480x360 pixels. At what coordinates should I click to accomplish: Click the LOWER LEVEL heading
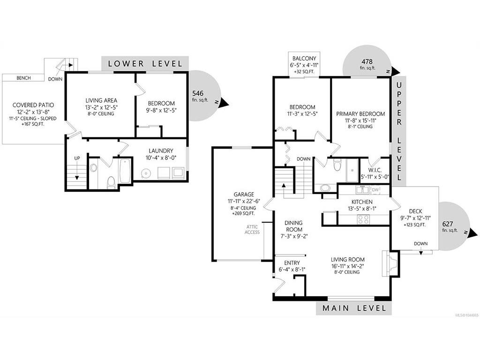coord(145,64)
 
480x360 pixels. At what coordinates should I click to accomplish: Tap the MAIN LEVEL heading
coord(354,308)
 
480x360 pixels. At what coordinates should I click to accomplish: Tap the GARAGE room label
coord(244,195)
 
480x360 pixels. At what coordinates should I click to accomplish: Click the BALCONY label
coord(304,58)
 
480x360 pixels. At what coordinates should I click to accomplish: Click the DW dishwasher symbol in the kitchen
coord(375,190)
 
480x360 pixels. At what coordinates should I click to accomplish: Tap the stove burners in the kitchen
coord(363,219)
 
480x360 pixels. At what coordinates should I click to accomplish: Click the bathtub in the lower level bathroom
coord(126,171)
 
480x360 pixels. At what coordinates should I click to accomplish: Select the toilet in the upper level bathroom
coord(337,165)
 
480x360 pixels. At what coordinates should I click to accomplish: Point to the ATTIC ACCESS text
coord(252,230)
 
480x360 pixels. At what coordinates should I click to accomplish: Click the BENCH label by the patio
coord(23,78)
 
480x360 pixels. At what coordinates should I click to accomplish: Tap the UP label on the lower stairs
coord(77,158)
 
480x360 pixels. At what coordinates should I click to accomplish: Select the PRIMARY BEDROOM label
coord(360,114)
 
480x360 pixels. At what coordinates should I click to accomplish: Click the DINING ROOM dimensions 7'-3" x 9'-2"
coord(293,236)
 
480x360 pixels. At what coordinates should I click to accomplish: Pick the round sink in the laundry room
coord(146,173)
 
